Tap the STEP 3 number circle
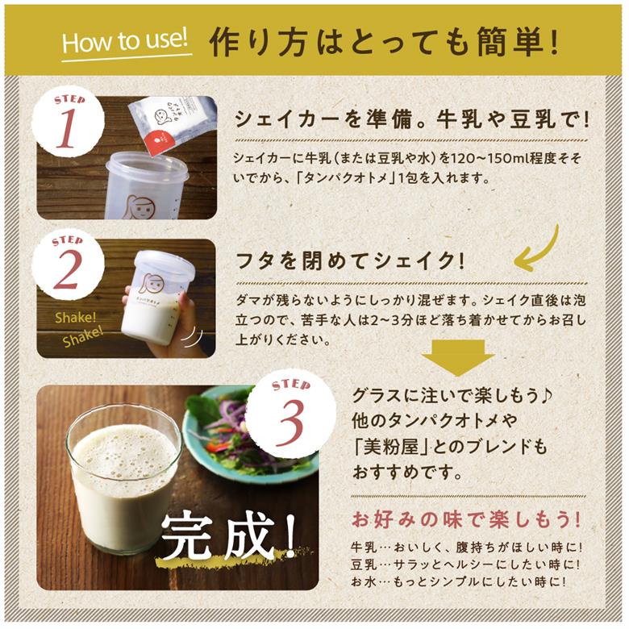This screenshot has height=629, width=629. [290, 414]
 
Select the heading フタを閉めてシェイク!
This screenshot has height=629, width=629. [350, 262]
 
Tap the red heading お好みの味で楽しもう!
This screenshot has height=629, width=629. [466, 516]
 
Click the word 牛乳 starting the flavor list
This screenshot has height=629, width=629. [364, 545]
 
